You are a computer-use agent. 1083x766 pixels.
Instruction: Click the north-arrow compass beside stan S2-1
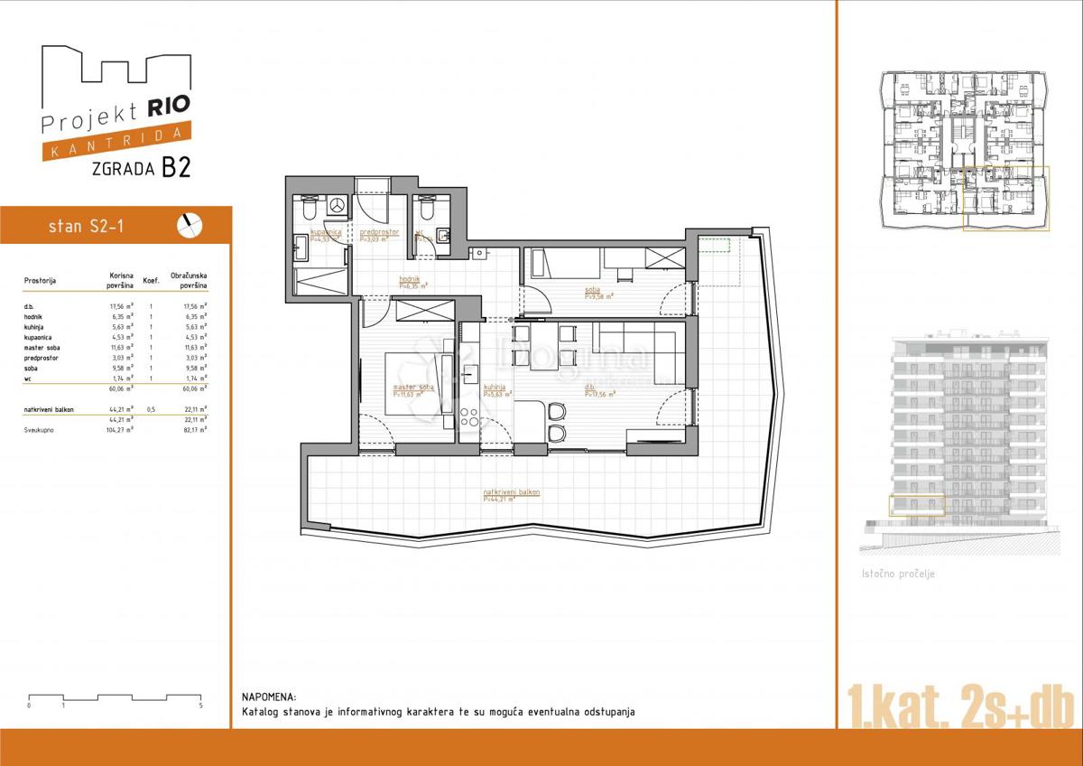point(191,225)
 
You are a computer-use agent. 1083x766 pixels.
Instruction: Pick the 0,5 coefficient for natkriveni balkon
point(151,409)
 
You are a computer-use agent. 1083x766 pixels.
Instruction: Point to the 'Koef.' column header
point(151,281)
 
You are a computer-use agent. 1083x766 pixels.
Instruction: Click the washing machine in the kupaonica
point(337,207)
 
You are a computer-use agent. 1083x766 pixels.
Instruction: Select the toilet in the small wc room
point(424,210)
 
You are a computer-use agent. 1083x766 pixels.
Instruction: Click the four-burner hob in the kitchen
point(469,417)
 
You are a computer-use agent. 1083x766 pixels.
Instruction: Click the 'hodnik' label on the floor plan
point(411,279)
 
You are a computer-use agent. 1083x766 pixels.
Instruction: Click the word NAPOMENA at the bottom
point(268,697)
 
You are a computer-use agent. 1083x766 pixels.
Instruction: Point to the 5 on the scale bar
point(200,705)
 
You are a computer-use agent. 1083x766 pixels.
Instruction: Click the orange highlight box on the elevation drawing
point(917,506)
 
